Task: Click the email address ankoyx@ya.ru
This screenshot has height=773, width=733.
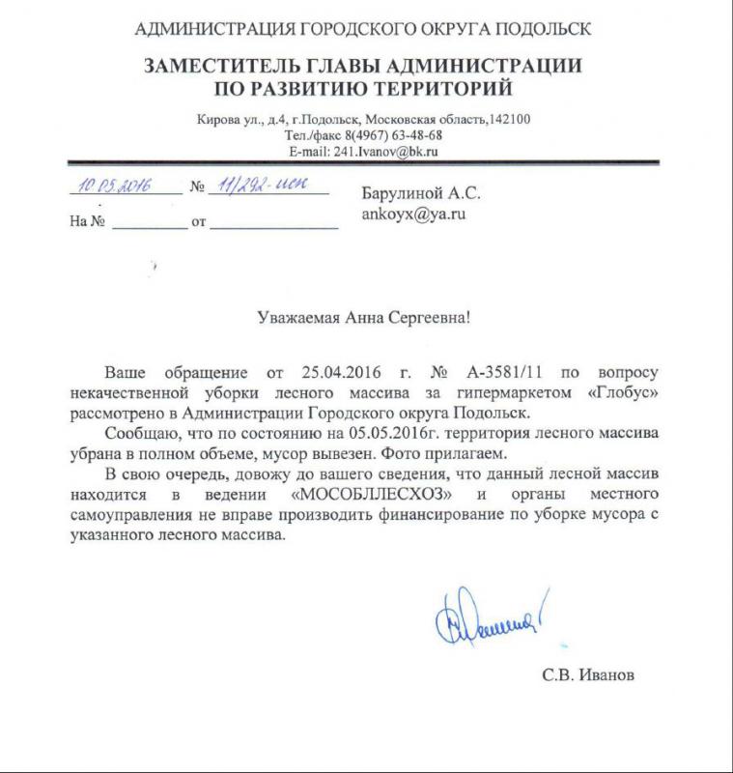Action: point(413,215)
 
